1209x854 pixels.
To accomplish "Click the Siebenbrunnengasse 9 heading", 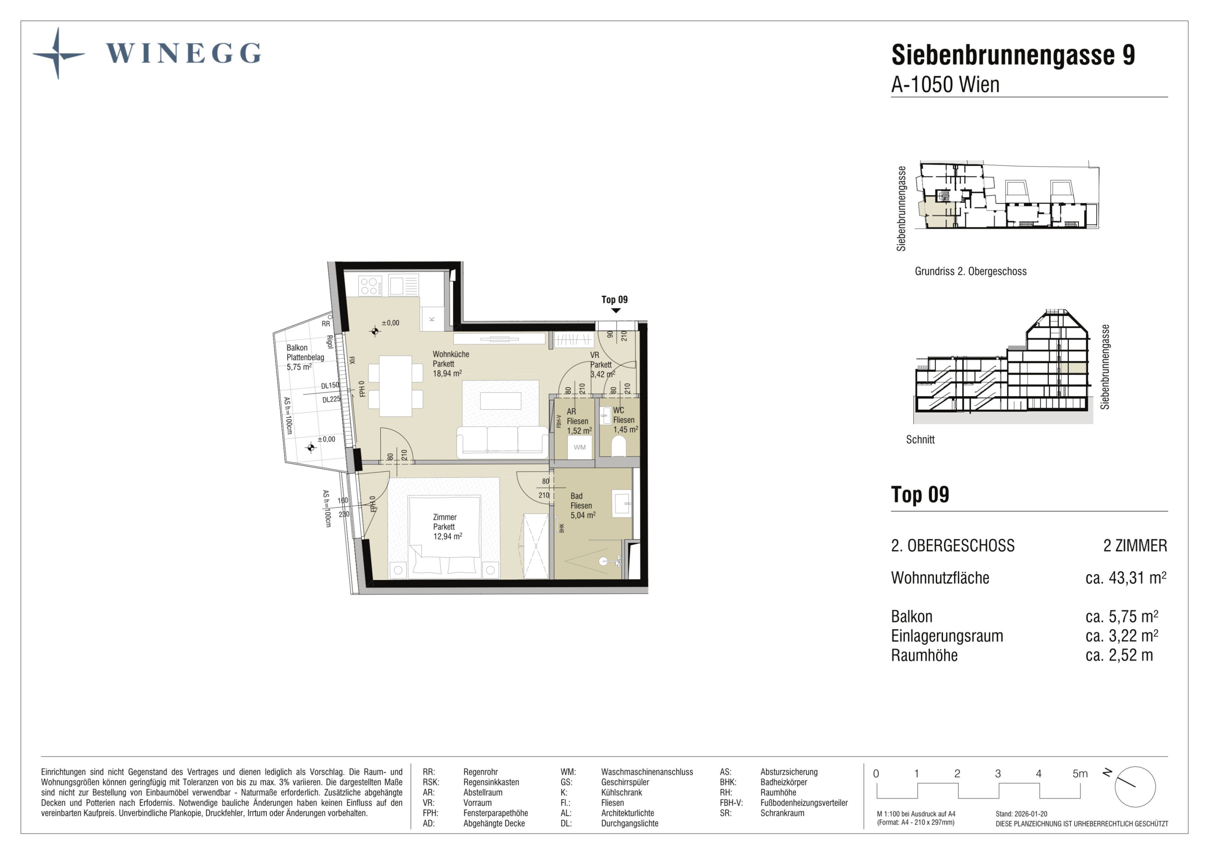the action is [1013, 55].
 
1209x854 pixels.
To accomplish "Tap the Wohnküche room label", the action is [450, 354].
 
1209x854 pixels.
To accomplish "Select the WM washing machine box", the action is [579, 447].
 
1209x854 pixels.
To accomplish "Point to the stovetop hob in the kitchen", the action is [370, 286].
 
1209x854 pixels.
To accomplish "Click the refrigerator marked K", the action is [432, 319].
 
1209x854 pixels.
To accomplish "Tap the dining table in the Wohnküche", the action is [395, 386].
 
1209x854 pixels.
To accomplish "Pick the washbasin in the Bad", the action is [622, 504].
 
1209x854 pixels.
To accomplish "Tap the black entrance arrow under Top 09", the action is [615, 310].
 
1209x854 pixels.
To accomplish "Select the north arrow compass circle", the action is [1135, 787].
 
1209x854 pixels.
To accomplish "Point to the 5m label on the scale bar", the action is [1080, 773].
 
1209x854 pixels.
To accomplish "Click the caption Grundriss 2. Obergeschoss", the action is [970, 272].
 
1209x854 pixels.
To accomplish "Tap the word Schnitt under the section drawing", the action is [920, 439].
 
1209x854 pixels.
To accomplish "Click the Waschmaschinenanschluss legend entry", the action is [647, 772].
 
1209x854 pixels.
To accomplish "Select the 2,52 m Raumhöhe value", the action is [1119, 655].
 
